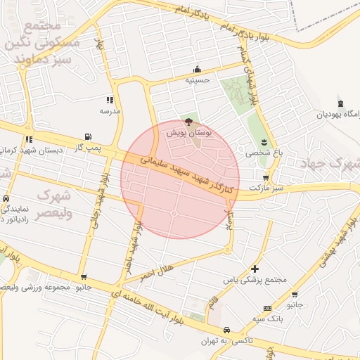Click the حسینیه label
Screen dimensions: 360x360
(198, 80)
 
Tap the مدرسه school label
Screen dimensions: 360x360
(110, 111)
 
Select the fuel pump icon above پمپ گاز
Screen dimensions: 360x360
(87, 136)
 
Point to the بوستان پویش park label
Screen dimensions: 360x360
(188, 131)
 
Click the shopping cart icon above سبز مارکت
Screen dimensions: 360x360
(265, 178)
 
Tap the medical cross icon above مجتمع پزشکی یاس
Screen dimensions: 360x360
(255, 269)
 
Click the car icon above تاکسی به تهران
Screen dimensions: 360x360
(226, 330)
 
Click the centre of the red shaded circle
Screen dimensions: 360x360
(180, 179)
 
